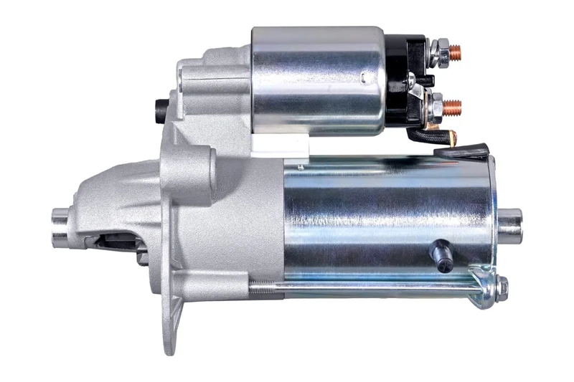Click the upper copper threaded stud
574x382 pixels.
pyautogui.click(x=454, y=52)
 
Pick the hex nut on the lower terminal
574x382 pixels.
pyautogui.click(x=435, y=108)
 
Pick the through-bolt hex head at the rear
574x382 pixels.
pyautogui.click(x=502, y=287)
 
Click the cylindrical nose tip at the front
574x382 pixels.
pyautogui.click(x=62, y=226)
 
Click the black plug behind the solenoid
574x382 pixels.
pyautogui.click(x=161, y=108)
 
